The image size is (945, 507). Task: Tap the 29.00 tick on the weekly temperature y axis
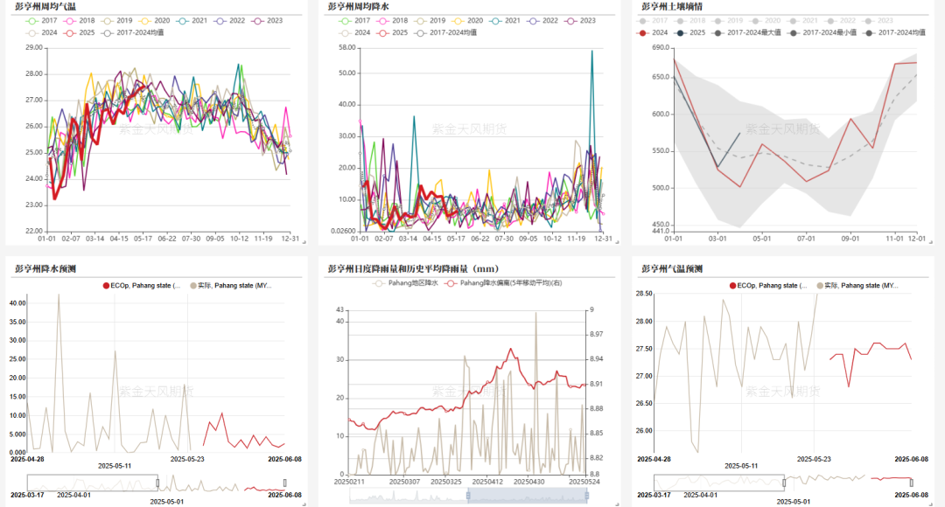34,48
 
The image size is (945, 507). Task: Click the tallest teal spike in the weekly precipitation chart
592,52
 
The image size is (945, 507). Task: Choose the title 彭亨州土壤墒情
671,6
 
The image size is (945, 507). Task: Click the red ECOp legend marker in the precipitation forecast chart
107,286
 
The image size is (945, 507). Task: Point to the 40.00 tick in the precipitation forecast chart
17,302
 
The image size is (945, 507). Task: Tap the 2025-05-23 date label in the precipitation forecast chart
187,458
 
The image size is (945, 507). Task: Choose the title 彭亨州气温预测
671,268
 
